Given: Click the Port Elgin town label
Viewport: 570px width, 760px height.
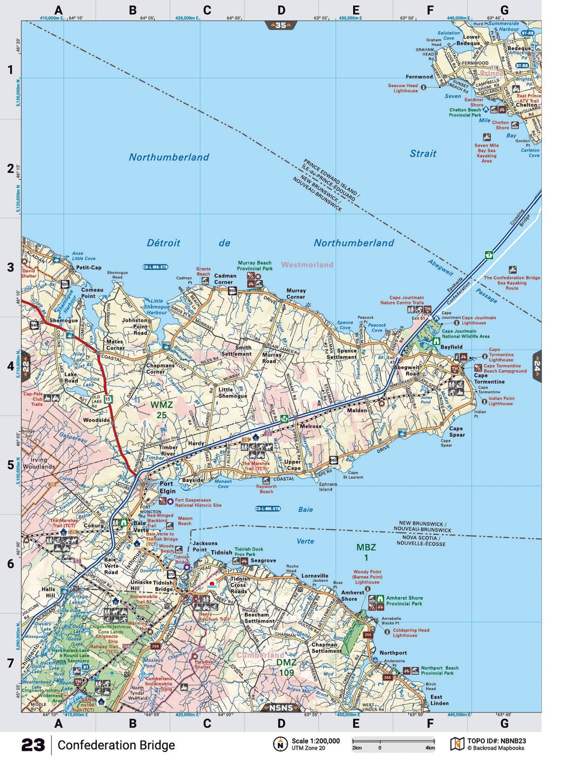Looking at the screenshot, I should coord(167,487).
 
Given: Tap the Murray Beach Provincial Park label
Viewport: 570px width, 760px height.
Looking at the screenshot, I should coord(254,266).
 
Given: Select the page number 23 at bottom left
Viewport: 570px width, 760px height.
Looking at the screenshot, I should coord(33,745).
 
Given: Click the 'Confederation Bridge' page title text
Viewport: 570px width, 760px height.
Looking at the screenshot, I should coord(116,745).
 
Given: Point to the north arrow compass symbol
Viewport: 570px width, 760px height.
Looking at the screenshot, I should coord(280,744).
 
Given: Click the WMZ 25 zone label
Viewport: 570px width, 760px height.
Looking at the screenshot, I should coord(162,410).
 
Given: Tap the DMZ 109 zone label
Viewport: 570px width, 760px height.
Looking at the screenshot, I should coord(286,667).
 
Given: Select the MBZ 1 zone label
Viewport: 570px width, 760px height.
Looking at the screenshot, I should coord(366,552).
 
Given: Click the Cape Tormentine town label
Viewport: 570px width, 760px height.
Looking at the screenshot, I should coord(489,379).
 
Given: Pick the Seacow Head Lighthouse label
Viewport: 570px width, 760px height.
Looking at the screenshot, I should coord(403,88).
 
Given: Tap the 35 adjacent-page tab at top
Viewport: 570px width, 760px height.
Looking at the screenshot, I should coord(281,25).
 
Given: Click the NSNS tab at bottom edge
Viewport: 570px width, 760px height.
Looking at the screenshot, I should coord(281,708).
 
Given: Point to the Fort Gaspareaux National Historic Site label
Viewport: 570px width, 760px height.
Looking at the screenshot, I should coord(198,503).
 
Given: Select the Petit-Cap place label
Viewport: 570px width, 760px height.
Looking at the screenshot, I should coord(89,268).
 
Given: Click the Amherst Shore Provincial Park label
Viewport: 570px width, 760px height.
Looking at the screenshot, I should coord(404,601).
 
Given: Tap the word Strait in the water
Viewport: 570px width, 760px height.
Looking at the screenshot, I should coord(423,154).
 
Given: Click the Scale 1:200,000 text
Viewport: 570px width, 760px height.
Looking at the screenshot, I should coord(316,741).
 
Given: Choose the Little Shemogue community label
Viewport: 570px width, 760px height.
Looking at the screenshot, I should coord(232,393).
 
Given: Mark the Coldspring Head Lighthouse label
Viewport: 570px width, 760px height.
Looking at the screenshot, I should coord(411,633).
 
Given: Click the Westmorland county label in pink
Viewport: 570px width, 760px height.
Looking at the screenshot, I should coord(307,265).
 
